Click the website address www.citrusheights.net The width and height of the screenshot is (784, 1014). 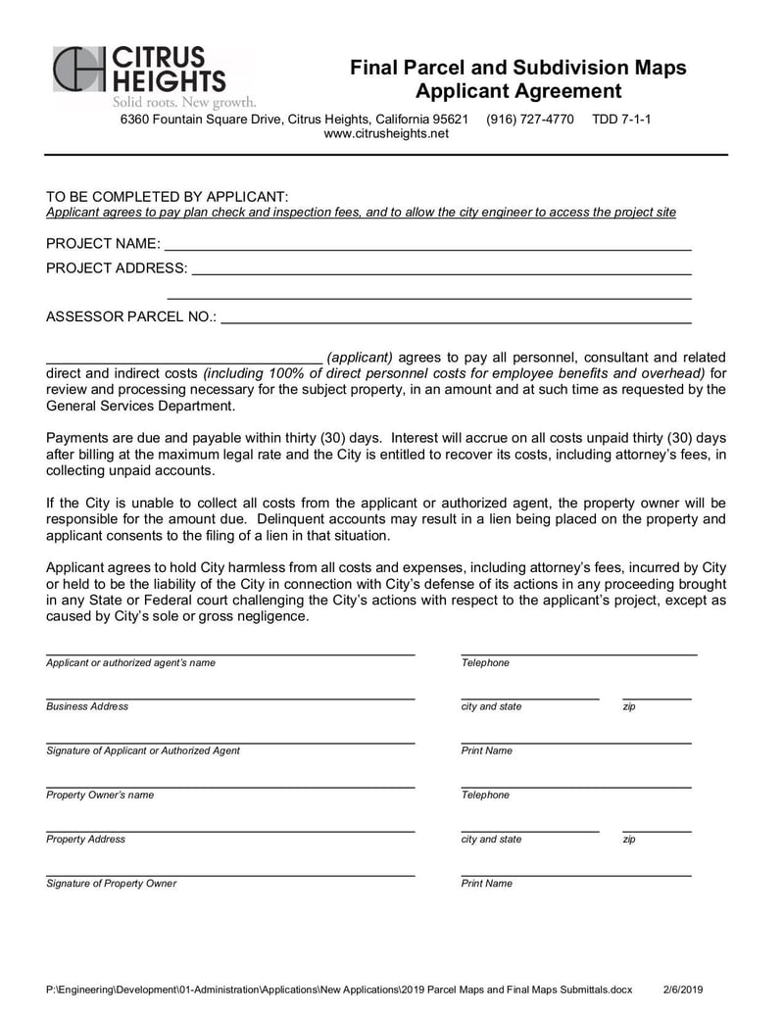tap(386, 133)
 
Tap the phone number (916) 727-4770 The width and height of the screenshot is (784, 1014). tap(530, 120)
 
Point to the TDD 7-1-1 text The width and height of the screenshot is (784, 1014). tap(621, 120)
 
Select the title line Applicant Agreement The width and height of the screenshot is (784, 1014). tap(518, 91)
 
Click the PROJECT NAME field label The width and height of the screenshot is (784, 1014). tap(103, 243)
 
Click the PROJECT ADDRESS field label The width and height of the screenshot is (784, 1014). tap(117, 267)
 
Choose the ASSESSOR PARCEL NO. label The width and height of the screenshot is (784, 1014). tap(131, 316)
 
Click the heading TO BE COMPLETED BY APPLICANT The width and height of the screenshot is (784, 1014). tap(168, 196)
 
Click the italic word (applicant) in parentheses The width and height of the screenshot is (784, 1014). tap(360, 357)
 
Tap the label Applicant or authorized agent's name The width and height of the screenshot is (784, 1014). tap(130, 663)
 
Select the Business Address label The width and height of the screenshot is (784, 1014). tap(87, 706)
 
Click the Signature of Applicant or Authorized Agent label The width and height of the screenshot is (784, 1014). tap(143, 750)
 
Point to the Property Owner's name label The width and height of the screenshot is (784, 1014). tap(100, 795)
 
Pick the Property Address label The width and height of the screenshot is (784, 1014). tap(86, 839)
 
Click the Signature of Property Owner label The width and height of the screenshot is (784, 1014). tap(112, 883)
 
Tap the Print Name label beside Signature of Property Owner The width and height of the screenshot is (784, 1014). tap(487, 883)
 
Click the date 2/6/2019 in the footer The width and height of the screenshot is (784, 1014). tap(683, 990)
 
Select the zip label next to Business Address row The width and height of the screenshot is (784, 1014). tap(629, 706)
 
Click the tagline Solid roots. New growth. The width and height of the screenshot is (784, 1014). tap(184, 102)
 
